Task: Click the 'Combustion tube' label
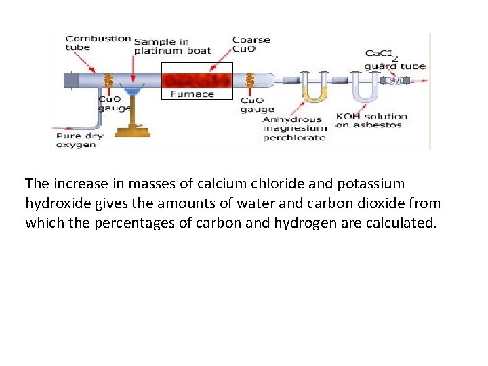tap(97, 42)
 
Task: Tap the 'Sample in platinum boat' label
tap(172, 45)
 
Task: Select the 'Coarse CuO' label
tap(250, 43)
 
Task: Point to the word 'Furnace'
tap(192, 94)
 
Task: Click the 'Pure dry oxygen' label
tap(81, 140)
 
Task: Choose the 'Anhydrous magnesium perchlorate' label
tap(294, 129)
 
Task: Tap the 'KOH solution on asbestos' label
tap(371, 121)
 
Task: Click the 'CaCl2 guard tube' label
tap(394, 60)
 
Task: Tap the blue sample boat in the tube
tap(132, 89)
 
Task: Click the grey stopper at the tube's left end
tap(71, 80)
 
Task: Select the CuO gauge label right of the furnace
tap(258, 104)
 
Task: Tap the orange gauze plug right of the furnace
tap(249, 82)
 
